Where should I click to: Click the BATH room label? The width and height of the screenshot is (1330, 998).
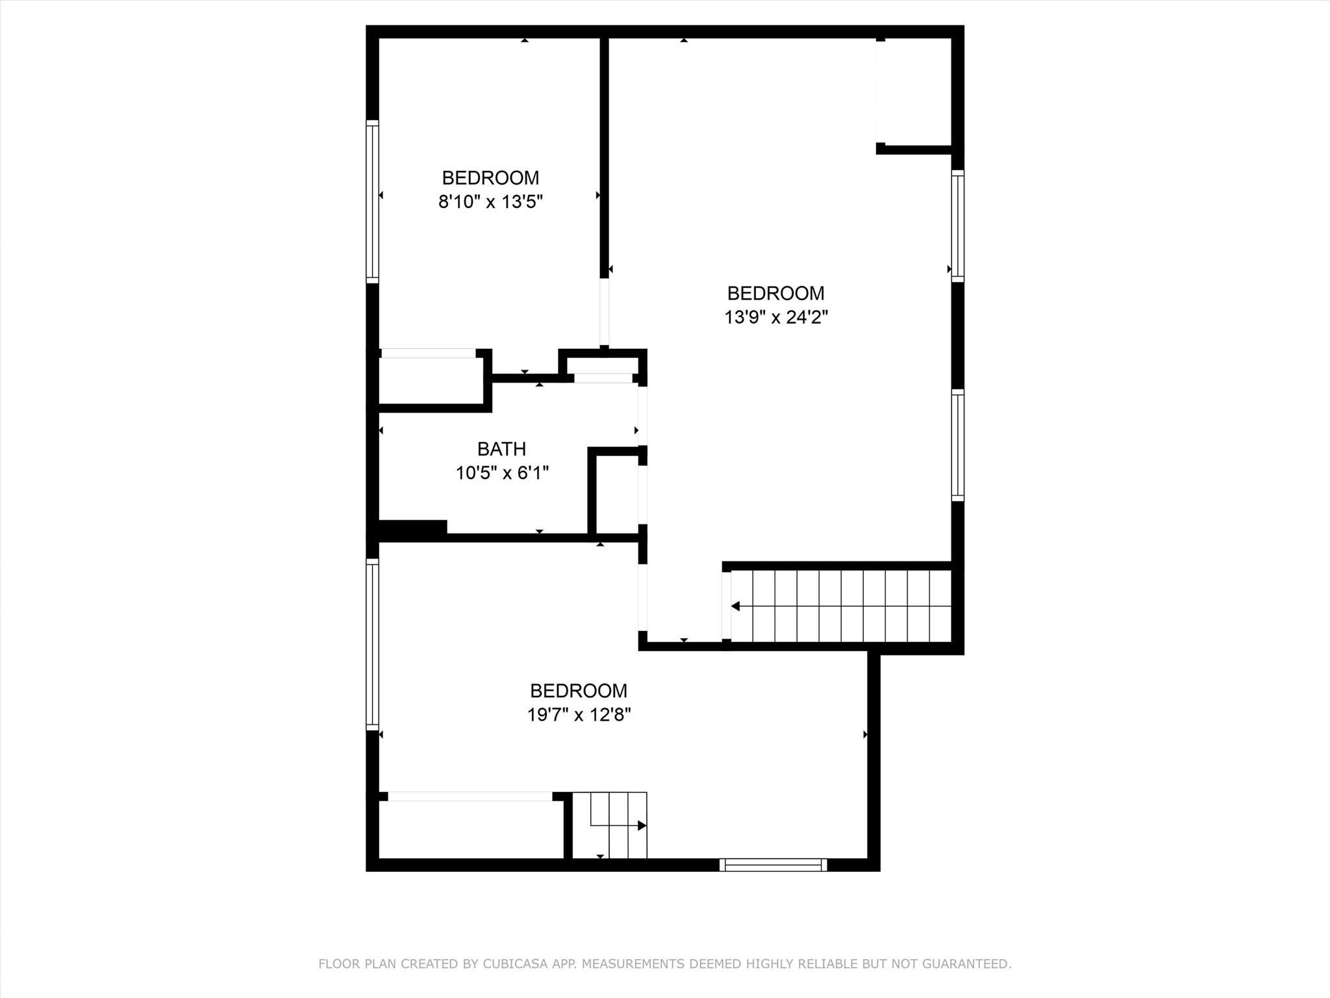tap(501, 449)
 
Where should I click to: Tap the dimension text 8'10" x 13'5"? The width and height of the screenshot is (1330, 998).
tap(490, 201)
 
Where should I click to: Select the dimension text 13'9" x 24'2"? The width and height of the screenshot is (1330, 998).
tap(776, 317)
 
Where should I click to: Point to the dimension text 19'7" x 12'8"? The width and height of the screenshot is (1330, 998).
tap(579, 715)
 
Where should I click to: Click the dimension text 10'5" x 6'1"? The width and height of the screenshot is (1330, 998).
tap(502, 473)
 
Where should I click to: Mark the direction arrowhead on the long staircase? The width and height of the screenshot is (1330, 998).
tap(735, 606)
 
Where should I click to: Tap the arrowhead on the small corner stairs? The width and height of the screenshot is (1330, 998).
tap(642, 825)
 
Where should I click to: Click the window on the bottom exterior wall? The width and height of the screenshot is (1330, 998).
tap(773, 864)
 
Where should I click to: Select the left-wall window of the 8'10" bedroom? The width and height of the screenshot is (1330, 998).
tap(372, 201)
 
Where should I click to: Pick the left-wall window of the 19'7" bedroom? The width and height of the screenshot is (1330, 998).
tap(372, 644)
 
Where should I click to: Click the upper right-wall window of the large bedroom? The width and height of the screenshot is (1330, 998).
tap(958, 225)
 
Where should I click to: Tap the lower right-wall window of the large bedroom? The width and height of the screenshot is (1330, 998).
tap(958, 444)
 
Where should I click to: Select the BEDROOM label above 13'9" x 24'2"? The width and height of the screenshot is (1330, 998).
tap(776, 294)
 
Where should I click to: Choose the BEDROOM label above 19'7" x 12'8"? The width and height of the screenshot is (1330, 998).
tap(579, 691)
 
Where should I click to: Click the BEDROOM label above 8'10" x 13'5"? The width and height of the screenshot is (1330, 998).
tap(490, 178)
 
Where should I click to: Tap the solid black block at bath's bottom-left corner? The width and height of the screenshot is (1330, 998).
tap(412, 528)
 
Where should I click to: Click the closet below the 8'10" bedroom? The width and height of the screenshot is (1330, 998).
tap(431, 381)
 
